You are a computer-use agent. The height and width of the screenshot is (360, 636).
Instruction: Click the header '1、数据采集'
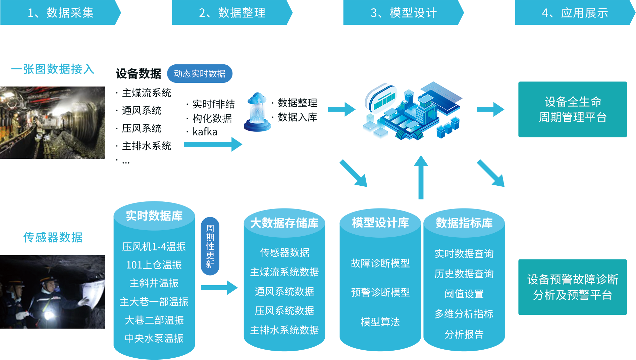[x=61, y=13]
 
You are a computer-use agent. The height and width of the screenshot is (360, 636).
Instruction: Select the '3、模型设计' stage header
[x=404, y=13]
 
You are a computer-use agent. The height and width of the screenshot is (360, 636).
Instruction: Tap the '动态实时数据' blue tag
[x=200, y=73]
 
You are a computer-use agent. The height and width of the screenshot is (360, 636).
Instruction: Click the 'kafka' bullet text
[x=205, y=132]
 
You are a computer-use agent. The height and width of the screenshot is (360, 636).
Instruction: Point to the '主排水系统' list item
[x=146, y=146]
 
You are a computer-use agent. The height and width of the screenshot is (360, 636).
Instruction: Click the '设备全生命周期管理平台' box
[x=573, y=109]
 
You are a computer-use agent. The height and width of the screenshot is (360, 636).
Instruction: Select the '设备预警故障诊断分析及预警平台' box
[x=573, y=287]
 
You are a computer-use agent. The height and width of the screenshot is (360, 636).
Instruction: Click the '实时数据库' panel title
[x=154, y=216]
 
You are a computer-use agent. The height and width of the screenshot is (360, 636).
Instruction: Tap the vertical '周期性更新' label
[x=210, y=246]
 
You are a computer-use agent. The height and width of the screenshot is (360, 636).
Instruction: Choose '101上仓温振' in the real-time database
[x=154, y=265]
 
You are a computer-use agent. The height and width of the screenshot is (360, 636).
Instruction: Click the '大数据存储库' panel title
[x=284, y=223]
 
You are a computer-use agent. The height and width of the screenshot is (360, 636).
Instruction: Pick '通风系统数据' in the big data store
[x=284, y=291]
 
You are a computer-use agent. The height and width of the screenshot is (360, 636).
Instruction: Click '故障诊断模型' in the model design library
[x=380, y=263]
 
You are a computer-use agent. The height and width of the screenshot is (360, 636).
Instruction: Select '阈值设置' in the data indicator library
[x=464, y=294]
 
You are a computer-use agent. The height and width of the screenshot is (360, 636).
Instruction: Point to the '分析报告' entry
[x=464, y=334]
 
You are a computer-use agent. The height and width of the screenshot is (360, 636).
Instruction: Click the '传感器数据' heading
[x=53, y=237]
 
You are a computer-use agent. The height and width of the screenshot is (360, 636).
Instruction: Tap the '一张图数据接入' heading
[x=52, y=69]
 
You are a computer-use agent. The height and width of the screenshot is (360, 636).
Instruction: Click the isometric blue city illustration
[x=413, y=111]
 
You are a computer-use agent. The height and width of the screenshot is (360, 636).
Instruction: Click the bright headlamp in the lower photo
[x=49, y=315]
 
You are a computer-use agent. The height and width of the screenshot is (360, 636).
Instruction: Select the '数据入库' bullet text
[x=297, y=117]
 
